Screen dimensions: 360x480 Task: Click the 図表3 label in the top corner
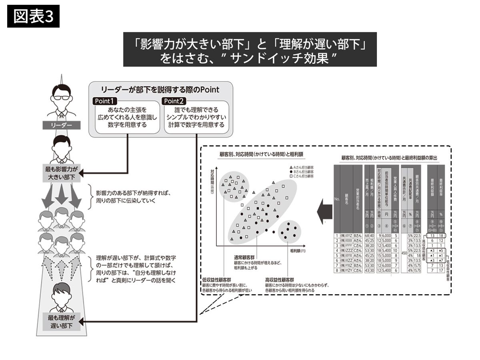pyautogui.click(x=33, y=17)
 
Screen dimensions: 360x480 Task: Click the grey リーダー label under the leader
pyautogui.click(x=62, y=125)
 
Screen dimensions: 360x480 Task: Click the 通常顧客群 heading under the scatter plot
pyautogui.click(x=244, y=258)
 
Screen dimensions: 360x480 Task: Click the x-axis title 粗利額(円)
pyautogui.click(x=298, y=250)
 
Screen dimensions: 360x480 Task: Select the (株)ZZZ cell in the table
pyautogui.click(x=346, y=250)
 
